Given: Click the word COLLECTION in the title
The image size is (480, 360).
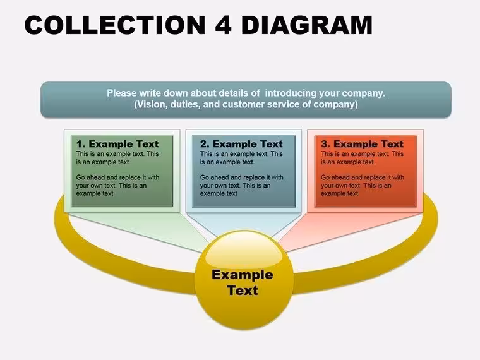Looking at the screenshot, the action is [116, 25].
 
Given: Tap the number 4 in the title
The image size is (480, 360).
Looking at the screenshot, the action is [224, 25].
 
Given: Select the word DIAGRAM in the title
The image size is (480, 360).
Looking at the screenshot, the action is [307, 25].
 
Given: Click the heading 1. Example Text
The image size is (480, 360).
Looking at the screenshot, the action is [117, 144].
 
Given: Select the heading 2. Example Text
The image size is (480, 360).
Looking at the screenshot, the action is [241, 144].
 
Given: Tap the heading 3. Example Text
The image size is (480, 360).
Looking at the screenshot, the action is [363, 144].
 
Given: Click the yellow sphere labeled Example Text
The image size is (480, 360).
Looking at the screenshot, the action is [244, 280].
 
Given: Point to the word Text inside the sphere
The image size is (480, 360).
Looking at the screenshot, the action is [243, 290].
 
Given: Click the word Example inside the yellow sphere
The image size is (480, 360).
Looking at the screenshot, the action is [243, 275].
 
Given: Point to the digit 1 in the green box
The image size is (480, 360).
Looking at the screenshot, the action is [80, 144].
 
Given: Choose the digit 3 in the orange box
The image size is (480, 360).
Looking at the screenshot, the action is [325, 144].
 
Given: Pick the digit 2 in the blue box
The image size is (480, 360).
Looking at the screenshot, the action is [204, 144].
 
